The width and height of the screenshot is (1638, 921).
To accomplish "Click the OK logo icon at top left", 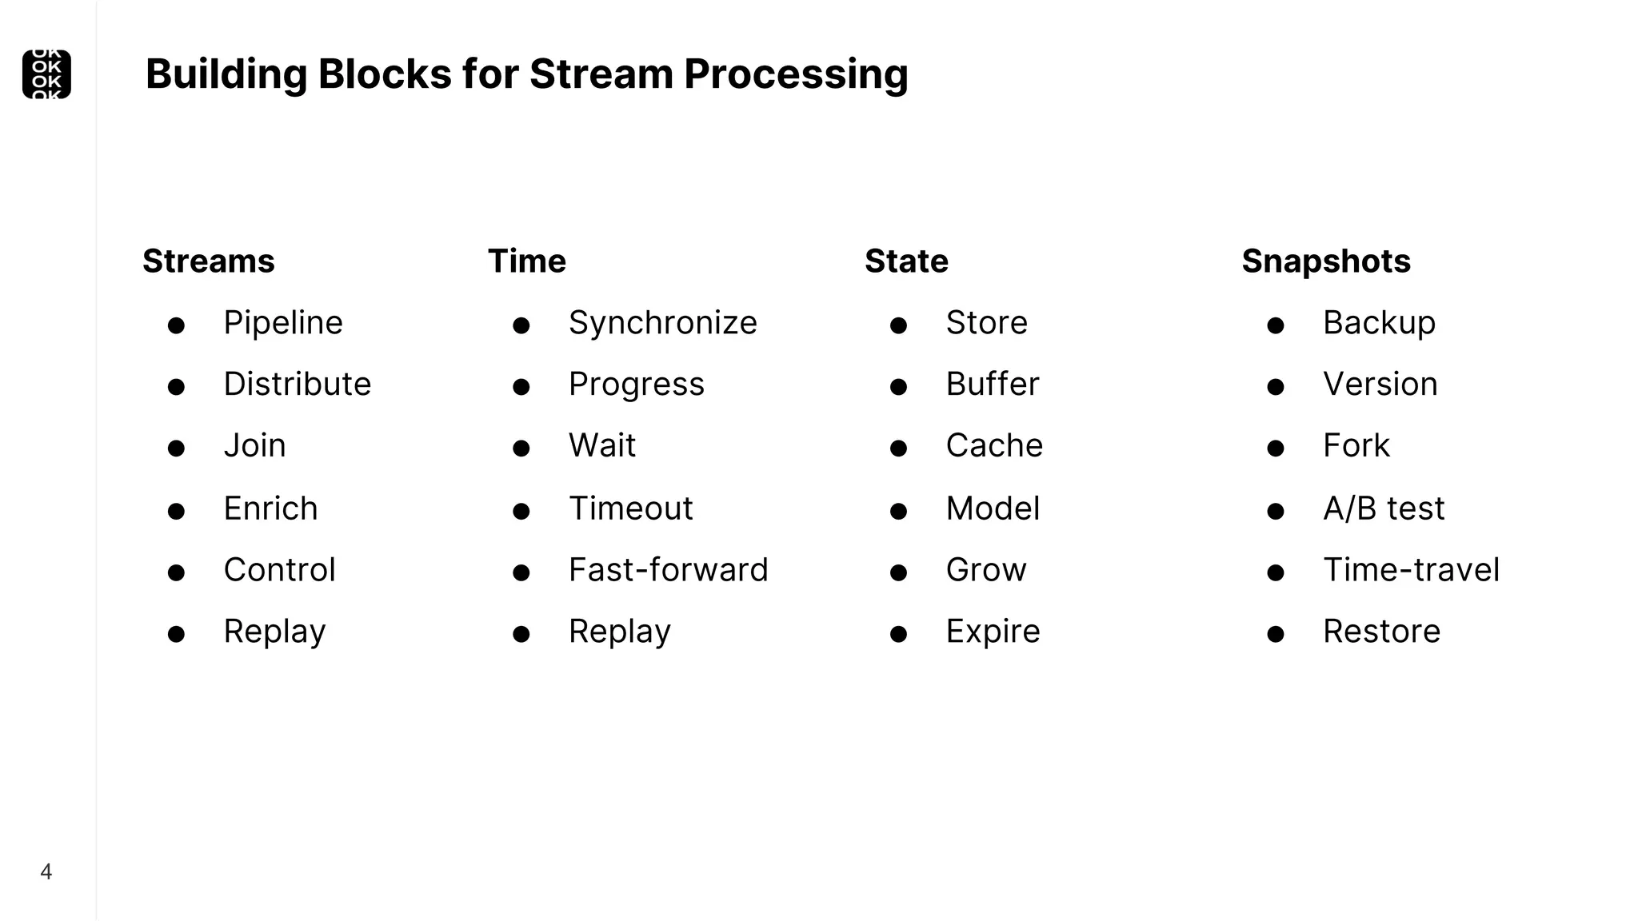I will point(46,74).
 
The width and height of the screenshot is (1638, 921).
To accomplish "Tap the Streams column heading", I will point(209,261).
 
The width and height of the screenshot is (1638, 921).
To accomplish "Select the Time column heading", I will point(527,261).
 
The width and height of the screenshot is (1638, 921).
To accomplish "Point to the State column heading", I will point(906,261).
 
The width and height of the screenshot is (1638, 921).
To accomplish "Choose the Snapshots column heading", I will point(1325,261).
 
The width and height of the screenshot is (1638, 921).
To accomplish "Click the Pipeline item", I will point(283,323).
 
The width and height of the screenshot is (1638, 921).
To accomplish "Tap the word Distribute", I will point(298,385).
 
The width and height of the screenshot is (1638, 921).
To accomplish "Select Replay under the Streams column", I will point(274,632).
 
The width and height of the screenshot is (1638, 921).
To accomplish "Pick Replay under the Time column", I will point(620,632).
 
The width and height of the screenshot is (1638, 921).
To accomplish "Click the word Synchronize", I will point(662,323).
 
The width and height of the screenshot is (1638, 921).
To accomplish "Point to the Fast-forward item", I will point(668,570).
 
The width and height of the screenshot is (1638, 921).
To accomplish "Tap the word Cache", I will point(994,446).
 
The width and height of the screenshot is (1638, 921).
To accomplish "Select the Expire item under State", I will point(993,632).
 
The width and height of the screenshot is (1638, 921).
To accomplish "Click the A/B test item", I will point(1384,508).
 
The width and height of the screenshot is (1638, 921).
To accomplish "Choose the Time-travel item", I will point(1411,570).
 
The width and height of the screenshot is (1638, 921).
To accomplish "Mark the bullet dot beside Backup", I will point(1276,325).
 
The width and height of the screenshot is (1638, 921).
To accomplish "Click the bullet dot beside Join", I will point(176,449).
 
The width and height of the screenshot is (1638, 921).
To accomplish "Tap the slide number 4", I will point(46,871).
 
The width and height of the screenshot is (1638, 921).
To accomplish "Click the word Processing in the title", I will point(796,74).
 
